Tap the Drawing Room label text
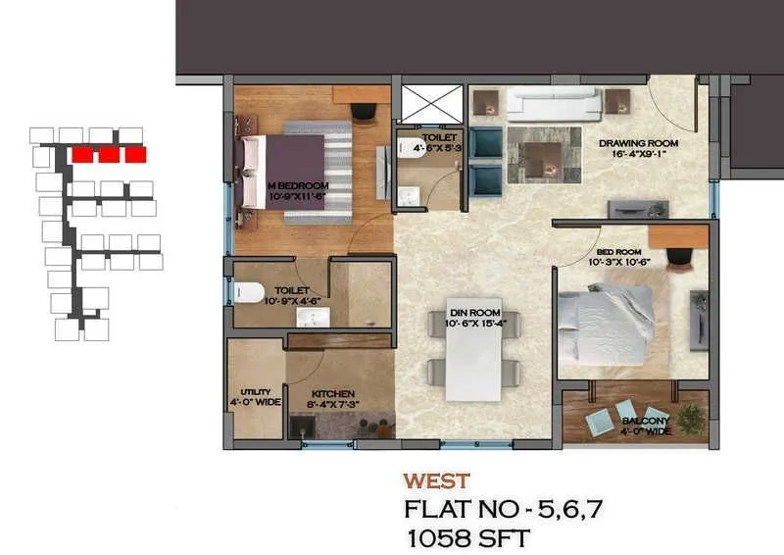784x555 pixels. pyautogui.click(x=638, y=143)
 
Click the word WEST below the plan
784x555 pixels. pyautogui.click(x=436, y=481)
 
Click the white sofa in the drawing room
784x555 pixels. pyautogui.click(x=553, y=104)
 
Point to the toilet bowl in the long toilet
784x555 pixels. pyautogui.click(x=248, y=291)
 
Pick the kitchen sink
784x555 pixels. pyautogui.click(x=301, y=428)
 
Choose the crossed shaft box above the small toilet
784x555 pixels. pyautogui.click(x=431, y=102)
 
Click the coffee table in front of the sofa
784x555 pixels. pyautogui.click(x=542, y=157)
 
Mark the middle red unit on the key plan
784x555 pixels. pyautogui.click(x=110, y=154)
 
